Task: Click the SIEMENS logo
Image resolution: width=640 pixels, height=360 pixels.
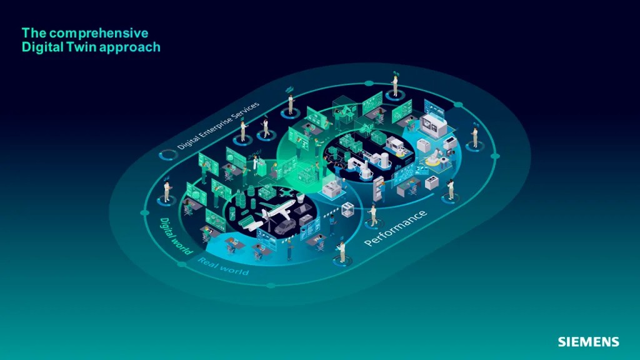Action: [588, 342]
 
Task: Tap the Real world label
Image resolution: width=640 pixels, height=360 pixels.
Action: [223, 266]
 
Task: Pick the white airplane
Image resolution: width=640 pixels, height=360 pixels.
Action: [279, 212]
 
